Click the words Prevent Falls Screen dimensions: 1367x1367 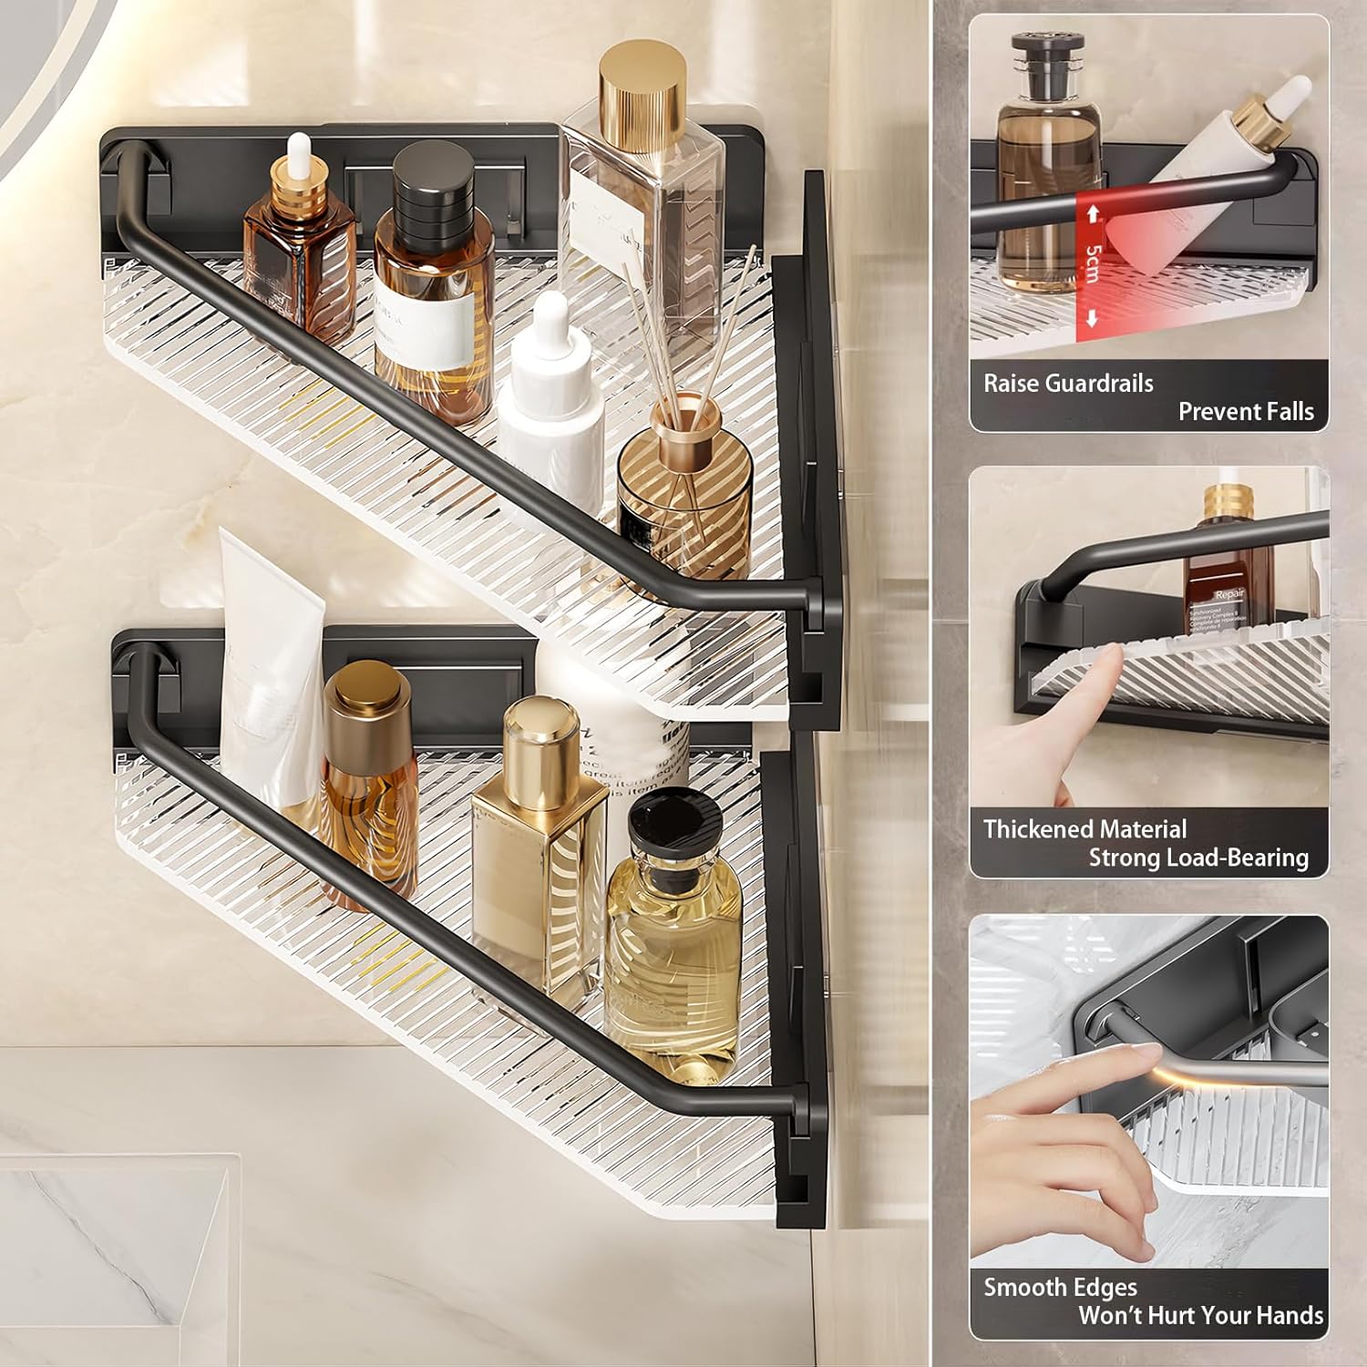pyautogui.click(x=1246, y=412)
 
